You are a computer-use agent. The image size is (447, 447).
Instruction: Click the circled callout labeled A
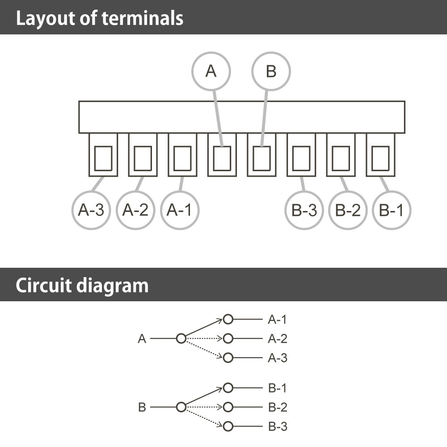coord(211,71)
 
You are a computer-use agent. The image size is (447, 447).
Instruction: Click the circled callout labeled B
coord(271,71)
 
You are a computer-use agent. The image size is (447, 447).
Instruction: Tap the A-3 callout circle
coord(91,210)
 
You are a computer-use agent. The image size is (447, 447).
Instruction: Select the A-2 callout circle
coord(135,210)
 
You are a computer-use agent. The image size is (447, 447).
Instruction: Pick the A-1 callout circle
coord(179,210)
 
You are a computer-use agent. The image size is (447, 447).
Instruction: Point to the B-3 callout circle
coord(304,210)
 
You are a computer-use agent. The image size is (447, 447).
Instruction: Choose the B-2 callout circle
coord(348,210)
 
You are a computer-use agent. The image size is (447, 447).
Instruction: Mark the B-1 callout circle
coord(391,210)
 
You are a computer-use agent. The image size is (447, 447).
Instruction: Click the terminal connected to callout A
coord(222,158)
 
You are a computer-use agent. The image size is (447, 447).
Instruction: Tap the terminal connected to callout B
coord(261,158)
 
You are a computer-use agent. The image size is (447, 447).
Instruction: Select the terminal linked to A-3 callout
coord(103,158)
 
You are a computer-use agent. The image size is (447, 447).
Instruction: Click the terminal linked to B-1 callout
coord(380,158)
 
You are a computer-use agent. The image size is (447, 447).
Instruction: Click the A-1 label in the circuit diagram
coord(277,320)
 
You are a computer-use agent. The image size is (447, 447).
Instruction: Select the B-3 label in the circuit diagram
coord(277,426)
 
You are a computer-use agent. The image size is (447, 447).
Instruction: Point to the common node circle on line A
coord(181,339)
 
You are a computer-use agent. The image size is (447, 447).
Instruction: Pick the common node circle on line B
coord(181,407)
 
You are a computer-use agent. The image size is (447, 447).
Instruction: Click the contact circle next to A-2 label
coord(228,339)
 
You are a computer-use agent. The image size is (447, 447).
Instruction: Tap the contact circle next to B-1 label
coord(228,388)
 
